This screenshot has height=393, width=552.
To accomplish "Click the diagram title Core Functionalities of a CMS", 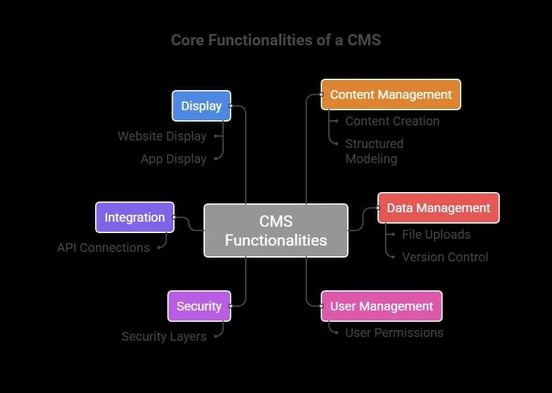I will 276,40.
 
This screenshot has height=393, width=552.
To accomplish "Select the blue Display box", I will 202,106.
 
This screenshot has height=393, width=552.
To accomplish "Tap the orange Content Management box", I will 391,94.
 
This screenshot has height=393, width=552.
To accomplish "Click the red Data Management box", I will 438,208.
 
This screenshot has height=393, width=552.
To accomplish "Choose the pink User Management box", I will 381,306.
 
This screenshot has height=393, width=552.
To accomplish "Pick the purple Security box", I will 199,306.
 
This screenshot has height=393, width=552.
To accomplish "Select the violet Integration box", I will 134,217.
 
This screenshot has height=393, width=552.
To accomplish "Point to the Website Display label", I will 162,136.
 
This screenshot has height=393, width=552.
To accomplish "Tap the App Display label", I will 173,159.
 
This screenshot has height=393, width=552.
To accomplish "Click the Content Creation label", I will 392,121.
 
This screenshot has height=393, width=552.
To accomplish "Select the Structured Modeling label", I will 374,151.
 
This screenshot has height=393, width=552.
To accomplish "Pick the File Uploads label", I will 436,234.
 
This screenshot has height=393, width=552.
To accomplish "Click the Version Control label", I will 445,257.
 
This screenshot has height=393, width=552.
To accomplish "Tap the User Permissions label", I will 394,333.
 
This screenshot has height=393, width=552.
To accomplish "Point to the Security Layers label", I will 164,337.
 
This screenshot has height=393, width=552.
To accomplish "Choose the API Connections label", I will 103,248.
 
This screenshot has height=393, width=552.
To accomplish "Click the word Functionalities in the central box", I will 275,240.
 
